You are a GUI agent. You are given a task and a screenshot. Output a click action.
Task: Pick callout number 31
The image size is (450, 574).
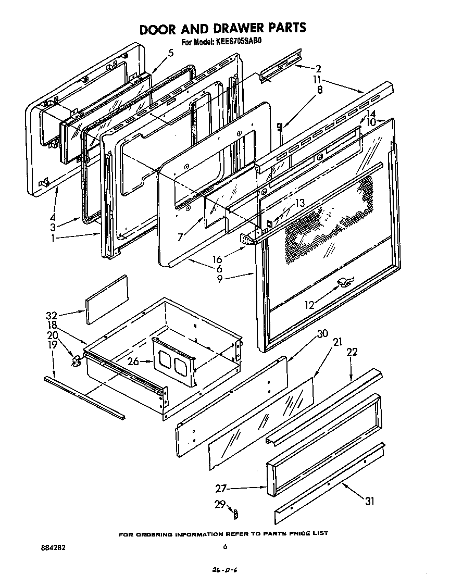pyautogui.click(x=369, y=502)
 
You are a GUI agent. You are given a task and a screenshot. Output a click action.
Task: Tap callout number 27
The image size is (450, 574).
pyautogui.click(x=221, y=488)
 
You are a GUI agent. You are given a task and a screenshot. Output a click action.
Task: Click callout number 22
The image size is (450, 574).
pyautogui.click(x=352, y=353)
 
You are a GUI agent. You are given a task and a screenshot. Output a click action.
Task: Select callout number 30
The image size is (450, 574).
pyautogui.click(x=322, y=334)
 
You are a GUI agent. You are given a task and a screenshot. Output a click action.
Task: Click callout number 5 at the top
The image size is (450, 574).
pyautogui.click(x=170, y=53)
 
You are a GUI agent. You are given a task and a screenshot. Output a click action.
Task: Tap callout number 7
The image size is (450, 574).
pyautogui.click(x=180, y=237)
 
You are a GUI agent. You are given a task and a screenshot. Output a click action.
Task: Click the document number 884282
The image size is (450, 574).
pyautogui.click(x=53, y=547)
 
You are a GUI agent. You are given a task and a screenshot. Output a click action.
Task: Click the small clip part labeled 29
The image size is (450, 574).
pyautogui.click(x=234, y=514)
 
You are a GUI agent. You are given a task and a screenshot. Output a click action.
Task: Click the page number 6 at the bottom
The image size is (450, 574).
pyautogui.click(x=225, y=546)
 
